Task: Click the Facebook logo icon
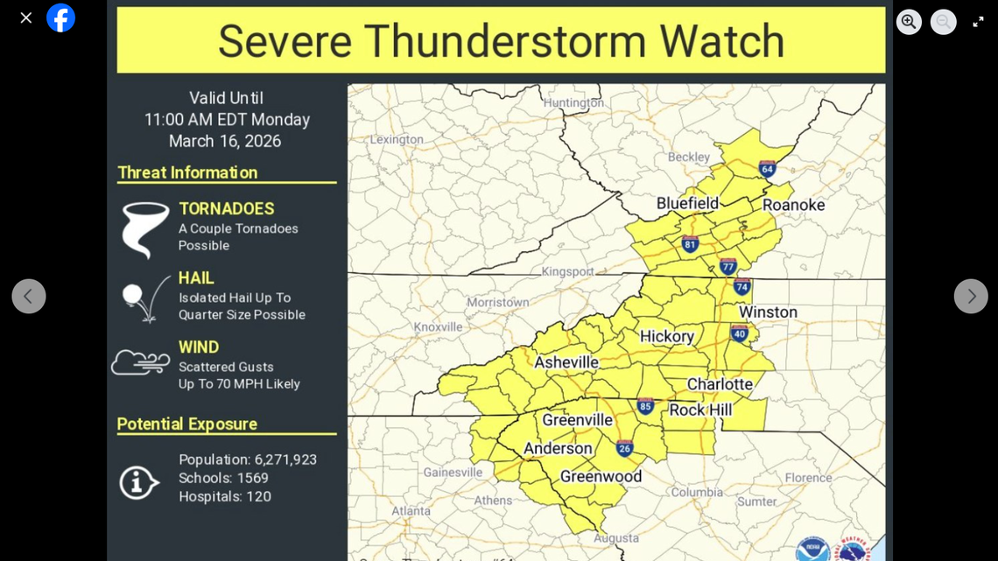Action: [x=60, y=18]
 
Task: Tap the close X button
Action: [x=26, y=18]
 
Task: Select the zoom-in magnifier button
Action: [x=909, y=22]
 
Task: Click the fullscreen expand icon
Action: [x=978, y=22]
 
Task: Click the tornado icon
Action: [x=144, y=229]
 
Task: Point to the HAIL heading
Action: [x=196, y=278]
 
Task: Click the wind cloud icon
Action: [x=140, y=361]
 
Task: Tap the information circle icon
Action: [x=138, y=482]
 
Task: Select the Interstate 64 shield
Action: [x=767, y=169]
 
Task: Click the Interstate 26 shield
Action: [x=624, y=448]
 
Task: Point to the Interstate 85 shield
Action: [x=645, y=406]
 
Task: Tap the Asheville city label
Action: [x=566, y=362]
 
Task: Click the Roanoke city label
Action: [x=793, y=205]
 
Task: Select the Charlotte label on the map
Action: [x=719, y=384]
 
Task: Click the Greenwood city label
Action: [x=601, y=476]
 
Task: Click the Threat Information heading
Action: [x=187, y=172]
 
